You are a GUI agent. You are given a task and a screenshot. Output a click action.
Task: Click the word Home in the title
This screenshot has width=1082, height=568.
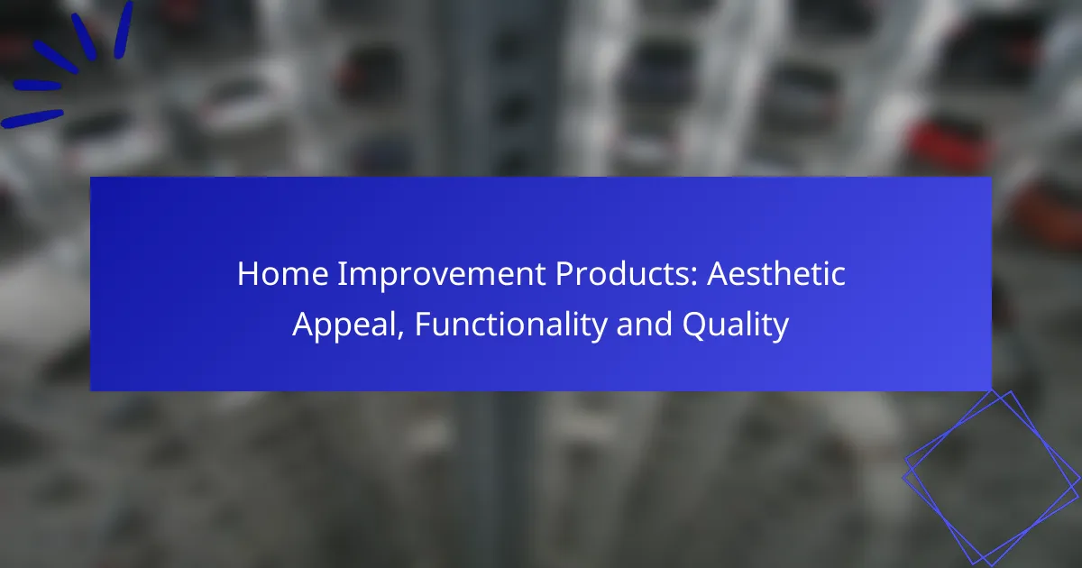pyautogui.click(x=283, y=274)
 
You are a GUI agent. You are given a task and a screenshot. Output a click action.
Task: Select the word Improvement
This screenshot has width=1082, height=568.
pyautogui.click(x=442, y=274)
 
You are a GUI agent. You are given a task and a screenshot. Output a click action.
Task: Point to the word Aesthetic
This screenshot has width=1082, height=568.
pyautogui.click(x=776, y=274)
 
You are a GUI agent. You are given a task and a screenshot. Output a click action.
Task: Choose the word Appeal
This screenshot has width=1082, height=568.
pyautogui.click(x=348, y=325)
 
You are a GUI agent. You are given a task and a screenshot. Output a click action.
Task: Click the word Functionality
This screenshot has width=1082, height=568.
pyautogui.click(x=510, y=325)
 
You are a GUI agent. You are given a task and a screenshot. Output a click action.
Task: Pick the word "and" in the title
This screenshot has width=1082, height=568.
pyautogui.click(x=645, y=324)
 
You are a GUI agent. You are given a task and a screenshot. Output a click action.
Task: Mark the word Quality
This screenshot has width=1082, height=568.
pyautogui.click(x=736, y=325)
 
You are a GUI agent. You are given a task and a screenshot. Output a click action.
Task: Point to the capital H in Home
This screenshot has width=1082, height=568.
pyautogui.click(x=247, y=274)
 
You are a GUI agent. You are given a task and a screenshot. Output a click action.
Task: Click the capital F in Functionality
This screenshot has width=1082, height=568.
pyautogui.click(x=423, y=324)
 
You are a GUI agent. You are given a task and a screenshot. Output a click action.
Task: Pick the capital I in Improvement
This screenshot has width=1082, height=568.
pyautogui.click(x=341, y=274)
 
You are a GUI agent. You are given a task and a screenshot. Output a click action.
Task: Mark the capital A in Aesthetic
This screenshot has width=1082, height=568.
pyautogui.click(x=719, y=274)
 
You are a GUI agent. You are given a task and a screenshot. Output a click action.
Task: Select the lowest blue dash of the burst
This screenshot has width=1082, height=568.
pyautogui.click(x=32, y=119)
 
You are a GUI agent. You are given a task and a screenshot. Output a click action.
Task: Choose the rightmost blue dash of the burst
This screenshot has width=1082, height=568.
pyautogui.click(x=124, y=30)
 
